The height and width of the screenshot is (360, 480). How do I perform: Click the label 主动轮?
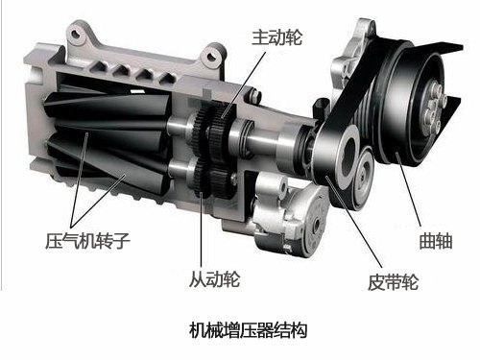tap(277, 37)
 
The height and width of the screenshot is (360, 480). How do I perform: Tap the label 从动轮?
tap(214, 279)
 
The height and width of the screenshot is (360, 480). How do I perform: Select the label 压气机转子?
tap(87, 241)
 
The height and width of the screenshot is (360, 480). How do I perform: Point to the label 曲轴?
tap(436, 241)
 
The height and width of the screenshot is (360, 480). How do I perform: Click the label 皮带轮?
tap(393, 282)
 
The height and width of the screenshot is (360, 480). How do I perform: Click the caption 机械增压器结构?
tap(249, 330)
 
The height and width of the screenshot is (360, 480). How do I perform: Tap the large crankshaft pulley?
tap(413, 104)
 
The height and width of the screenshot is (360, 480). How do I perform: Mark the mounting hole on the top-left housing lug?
tap(76, 33)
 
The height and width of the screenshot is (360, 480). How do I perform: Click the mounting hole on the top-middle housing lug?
tap(211, 57)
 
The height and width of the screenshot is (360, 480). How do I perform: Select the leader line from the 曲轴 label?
tap(408, 189)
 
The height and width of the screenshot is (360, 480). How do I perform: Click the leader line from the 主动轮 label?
tap(243, 84)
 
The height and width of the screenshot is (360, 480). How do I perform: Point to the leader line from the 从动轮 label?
tap(202, 229)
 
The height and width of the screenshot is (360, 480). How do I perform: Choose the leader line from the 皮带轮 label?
tap(354, 222)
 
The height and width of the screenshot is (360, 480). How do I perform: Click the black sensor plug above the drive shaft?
tap(322, 108)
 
